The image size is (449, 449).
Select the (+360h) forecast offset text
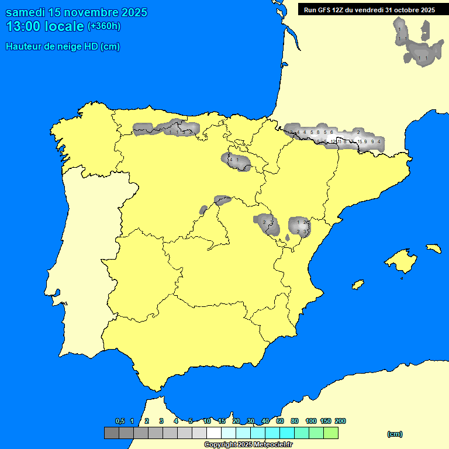click(103, 26)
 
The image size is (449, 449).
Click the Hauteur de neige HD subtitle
click(63, 47)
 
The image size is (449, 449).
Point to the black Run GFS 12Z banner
click(369, 9)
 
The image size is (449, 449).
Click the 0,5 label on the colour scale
click(120, 421)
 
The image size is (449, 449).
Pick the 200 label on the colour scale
click(340, 421)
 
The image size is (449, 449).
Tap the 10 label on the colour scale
click(207, 421)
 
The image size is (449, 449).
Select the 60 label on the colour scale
click(280, 421)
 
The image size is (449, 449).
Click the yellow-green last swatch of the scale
click(330, 433)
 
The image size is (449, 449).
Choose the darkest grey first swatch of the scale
click(111, 433)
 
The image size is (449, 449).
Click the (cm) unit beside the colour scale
click(395, 434)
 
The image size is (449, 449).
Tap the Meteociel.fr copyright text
click(248, 444)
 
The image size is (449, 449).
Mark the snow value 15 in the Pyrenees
click(360, 141)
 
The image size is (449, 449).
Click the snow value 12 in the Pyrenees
click(333, 141)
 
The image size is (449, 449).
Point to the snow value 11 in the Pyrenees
click(339, 141)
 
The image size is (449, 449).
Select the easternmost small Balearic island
click(433, 248)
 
